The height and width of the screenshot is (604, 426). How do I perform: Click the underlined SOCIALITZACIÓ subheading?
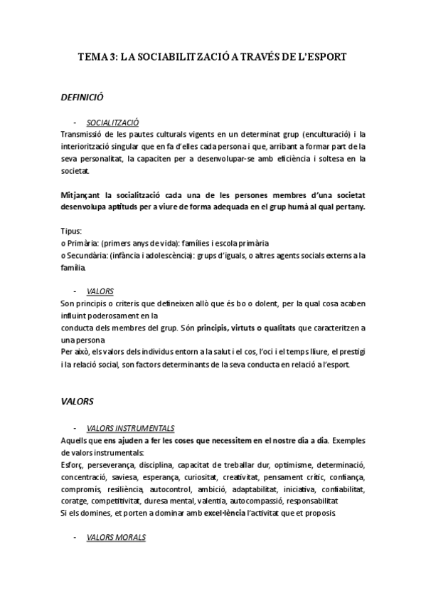(x=112, y=122)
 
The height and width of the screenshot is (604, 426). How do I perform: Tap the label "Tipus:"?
(x=72, y=231)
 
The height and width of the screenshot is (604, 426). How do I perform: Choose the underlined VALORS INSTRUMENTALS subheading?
(x=129, y=428)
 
